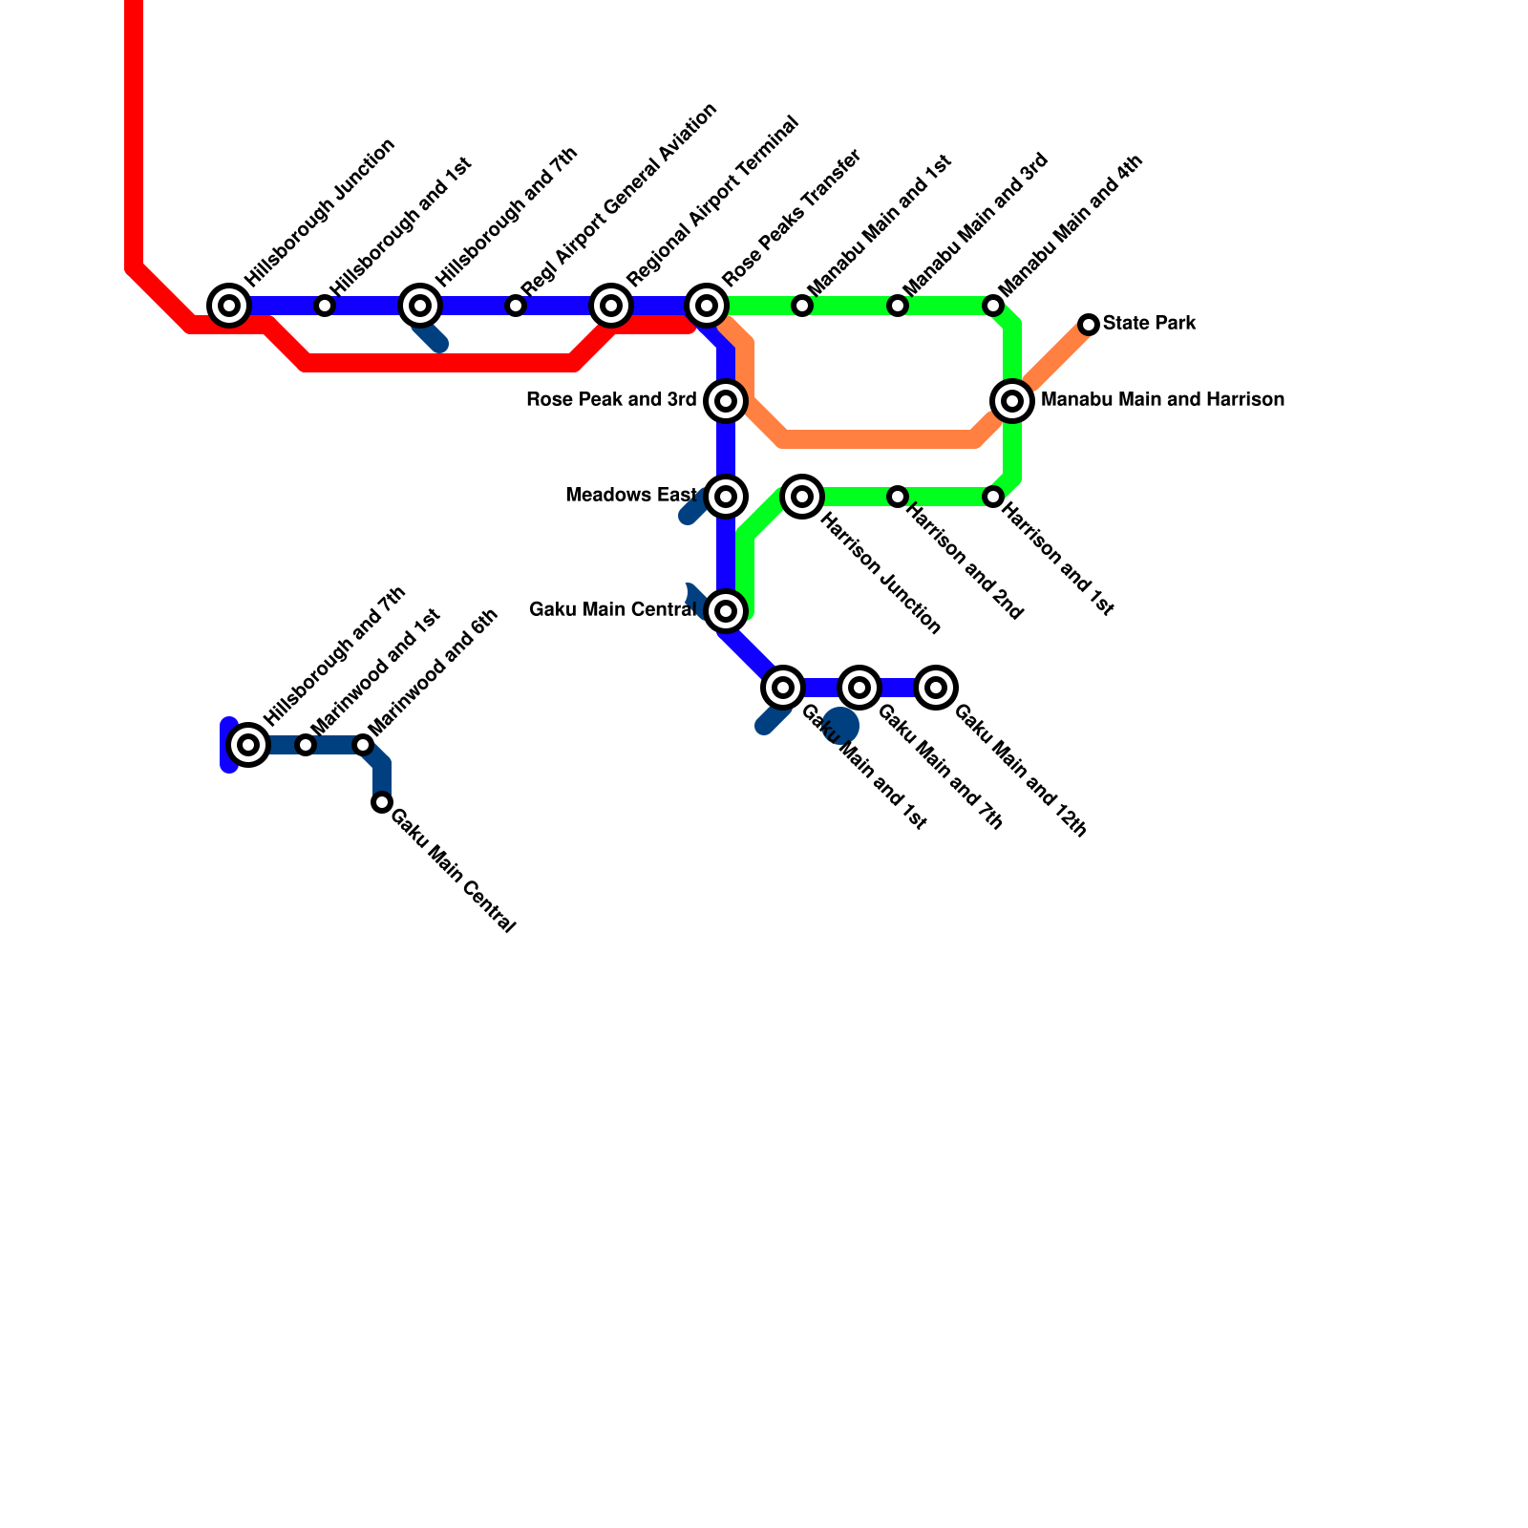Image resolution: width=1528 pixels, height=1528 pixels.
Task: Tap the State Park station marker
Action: point(1089,325)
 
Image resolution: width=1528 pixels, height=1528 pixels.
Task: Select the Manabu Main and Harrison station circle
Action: point(1012,401)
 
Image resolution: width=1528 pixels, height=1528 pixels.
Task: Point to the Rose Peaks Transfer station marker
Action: point(707,306)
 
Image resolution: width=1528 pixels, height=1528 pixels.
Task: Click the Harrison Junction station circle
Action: point(802,497)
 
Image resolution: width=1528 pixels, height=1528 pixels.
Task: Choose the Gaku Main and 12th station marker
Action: point(936,688)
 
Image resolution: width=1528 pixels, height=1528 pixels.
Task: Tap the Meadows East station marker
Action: point(726,497)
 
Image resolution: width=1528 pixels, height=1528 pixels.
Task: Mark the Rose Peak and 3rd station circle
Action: point(726,401)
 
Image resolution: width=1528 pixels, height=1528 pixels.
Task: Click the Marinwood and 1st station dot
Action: point(306,745)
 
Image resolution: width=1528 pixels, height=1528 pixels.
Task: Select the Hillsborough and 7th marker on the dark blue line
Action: point(248,745)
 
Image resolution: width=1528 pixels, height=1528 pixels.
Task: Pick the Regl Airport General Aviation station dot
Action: point(516,306)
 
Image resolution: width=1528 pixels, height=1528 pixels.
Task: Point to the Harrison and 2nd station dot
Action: point(898,497)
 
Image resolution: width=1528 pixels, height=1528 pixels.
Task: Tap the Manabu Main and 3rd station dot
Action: point(898,306)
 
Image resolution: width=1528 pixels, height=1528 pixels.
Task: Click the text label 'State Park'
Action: point(1149,324)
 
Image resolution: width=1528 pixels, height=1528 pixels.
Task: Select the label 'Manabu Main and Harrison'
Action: point(1162,400)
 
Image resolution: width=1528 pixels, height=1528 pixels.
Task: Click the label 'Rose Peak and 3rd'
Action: point(611,400)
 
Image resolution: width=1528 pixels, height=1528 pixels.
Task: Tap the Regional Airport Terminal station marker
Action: point(611,306)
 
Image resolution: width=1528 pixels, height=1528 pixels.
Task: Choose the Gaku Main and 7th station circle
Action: point(859,688)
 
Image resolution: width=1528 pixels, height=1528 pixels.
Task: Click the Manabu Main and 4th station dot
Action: point(993,306)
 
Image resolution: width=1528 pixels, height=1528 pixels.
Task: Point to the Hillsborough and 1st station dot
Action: point(325,306)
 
